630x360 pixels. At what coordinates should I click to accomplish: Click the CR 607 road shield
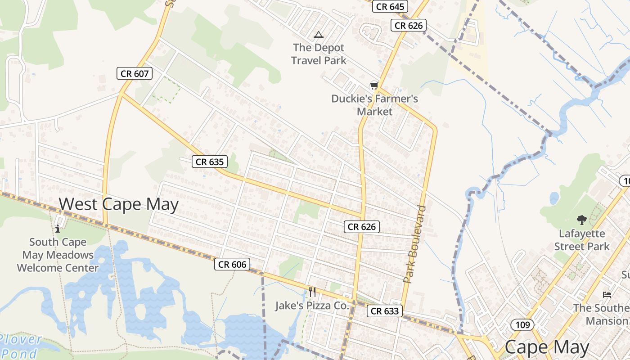pos(135,73)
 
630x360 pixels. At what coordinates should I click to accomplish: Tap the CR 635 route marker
pos(210,162)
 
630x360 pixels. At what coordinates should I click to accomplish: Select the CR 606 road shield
pos(232,264)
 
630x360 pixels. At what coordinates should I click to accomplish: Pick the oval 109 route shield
pos(522,324)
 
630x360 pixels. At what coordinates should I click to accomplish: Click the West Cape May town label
pos(119,204)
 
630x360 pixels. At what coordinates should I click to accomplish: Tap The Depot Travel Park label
pos(319,54)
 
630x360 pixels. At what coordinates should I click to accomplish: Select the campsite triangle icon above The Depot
pos(319,35)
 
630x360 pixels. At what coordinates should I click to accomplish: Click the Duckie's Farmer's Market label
pos(375,105)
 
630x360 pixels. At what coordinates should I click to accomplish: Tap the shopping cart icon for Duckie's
pos(373,85)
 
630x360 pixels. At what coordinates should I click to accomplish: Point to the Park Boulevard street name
pos(414,244)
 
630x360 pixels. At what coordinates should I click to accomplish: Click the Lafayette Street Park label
pos(582,240)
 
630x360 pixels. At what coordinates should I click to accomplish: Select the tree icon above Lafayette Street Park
pos(581,220)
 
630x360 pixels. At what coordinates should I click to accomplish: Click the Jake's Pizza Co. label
pos(312,306)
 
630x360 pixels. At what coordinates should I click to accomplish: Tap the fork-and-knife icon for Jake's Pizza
pos(312,292)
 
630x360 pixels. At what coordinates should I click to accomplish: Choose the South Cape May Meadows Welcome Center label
pos(58,255)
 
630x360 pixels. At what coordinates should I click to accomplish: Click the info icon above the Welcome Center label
pos(58,229)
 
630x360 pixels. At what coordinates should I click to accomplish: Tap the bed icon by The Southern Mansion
pos(607,295)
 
